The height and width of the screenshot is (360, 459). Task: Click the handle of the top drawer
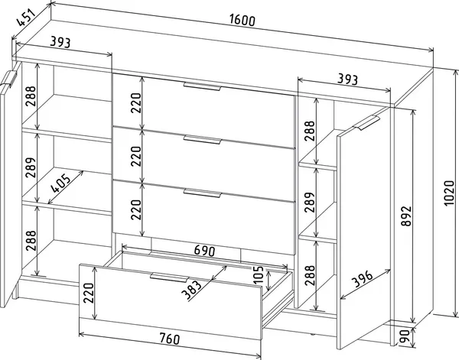pos(202,87)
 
